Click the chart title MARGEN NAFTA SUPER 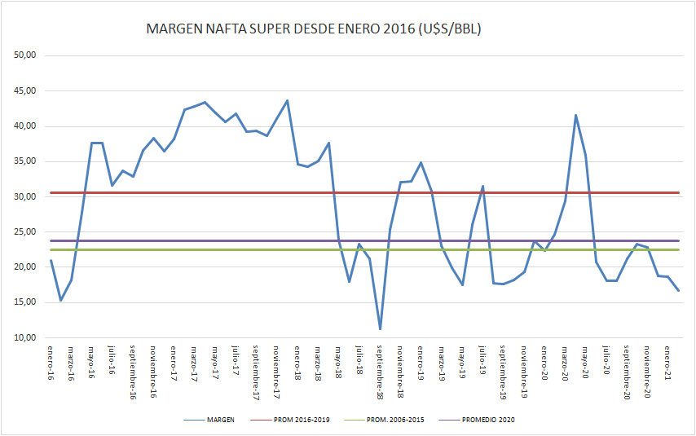point(313,29)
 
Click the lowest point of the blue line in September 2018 point(381,329)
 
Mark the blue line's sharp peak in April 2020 point(576,115)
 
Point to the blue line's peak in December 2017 point(288,100)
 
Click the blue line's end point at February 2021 point(679,291)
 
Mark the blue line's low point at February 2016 point(61,301)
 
